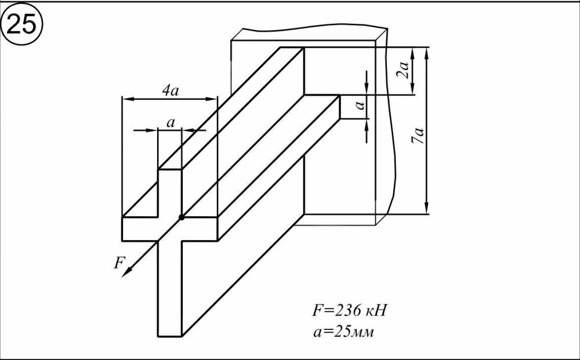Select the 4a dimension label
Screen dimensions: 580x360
pos(169,90)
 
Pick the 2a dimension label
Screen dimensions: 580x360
pos(405,70)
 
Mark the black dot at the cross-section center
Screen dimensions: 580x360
pos(182,217)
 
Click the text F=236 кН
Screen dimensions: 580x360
pos(349,310)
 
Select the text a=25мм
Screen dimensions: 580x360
pos(346,333)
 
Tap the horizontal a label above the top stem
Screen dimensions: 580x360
pos(171,122)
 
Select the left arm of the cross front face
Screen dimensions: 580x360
pos(139,229)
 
